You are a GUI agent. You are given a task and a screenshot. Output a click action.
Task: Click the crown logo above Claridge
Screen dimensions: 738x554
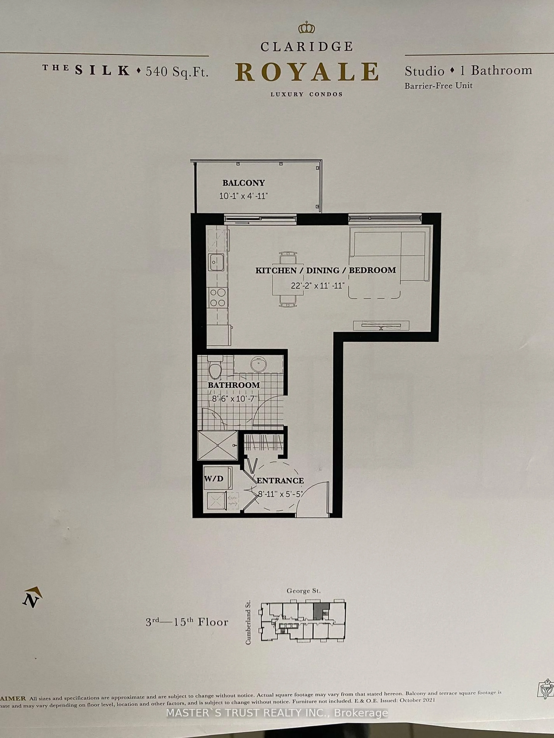307,28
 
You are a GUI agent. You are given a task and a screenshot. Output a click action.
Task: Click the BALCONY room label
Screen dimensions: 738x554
243,183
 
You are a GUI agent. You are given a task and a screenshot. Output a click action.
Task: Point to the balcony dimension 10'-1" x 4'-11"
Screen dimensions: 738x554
243,196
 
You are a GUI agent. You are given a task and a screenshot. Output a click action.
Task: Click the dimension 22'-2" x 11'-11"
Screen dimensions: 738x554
317,286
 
